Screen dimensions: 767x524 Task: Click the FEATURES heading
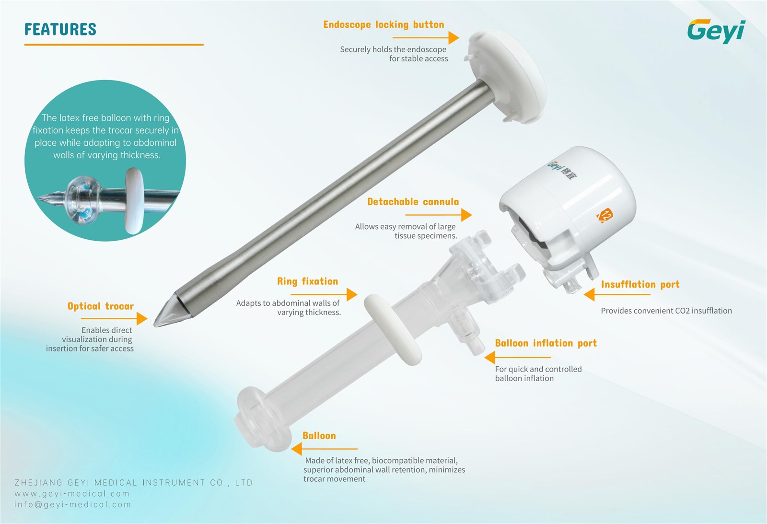coord(60,29)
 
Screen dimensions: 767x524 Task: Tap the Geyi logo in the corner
coord(716,31)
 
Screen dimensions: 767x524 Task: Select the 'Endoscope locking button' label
coord(383,24)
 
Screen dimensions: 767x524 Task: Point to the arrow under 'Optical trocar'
coord(114,318)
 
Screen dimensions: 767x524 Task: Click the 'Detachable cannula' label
coord(413,202)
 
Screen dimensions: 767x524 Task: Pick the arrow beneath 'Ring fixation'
coord(324,294)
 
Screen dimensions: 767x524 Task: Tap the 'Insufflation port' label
coord(640,285)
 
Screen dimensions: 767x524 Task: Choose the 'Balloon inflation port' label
coord(546,343)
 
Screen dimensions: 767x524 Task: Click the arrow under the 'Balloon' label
coord(324,449)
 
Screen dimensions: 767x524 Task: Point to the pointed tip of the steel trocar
coord(155,325)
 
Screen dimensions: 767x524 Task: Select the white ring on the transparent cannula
coord(392,330)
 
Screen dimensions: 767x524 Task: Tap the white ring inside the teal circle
coord(134,201)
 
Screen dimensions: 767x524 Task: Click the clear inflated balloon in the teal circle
coord(83,200)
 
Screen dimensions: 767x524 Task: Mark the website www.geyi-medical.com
coord(72,493)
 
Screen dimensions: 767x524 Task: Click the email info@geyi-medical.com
coord(72,504)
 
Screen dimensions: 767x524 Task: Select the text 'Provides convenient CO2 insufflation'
coord(666,311)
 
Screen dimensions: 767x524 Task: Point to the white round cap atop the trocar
coord(507,76)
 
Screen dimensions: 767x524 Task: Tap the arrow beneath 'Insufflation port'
coord(617,294)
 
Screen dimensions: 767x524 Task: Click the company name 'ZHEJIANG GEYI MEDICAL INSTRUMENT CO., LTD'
coord(134,483)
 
